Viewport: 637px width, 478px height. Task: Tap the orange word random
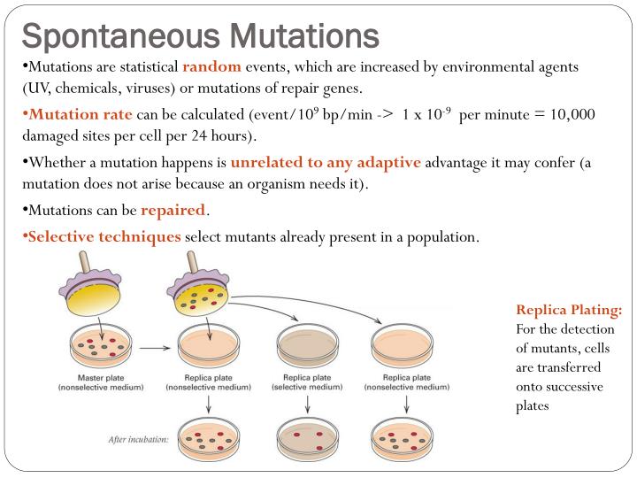tap(211, 67)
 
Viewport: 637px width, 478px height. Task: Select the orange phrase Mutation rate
tap(81, 114)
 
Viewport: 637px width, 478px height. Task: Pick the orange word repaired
tap(173, 212)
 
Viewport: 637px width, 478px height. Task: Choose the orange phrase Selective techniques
tap(104, 237)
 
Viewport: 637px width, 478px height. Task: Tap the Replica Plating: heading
tap(569, 310)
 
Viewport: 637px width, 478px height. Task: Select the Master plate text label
tap(96, 377)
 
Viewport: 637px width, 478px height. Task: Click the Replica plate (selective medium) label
tap(306, 382)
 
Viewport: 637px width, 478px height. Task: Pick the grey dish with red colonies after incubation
tap(306, 436)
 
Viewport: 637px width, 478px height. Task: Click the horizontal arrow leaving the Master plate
tap(156, 348)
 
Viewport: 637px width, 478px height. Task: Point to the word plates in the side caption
tap(533, 405)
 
